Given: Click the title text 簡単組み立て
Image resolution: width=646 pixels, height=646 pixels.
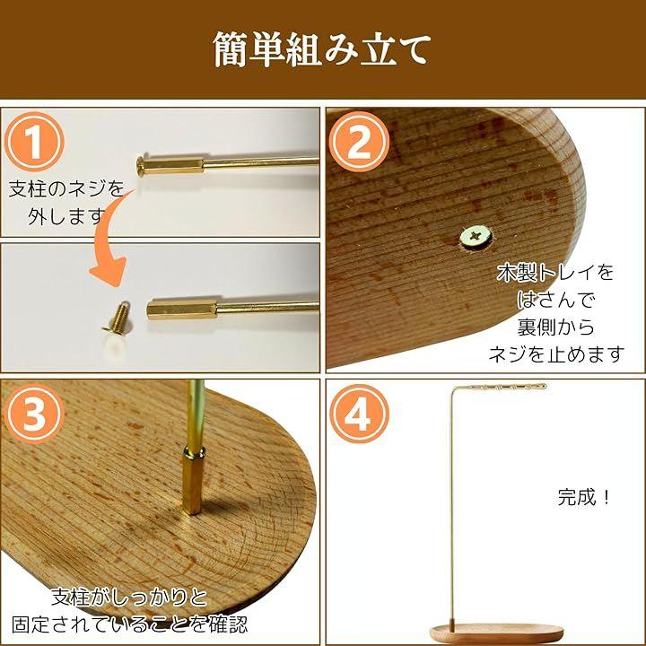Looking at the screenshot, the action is click(x=322, y=50).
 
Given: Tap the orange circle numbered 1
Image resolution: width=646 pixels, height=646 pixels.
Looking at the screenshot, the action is click(x=34, y=142).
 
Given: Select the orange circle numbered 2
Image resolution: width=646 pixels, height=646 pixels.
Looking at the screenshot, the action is click(x=359, y=142).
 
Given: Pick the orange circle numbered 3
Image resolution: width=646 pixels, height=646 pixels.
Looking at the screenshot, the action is click(x=34, y=414).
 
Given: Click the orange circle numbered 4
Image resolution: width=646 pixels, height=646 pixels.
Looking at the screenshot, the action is click(x=359, y=414).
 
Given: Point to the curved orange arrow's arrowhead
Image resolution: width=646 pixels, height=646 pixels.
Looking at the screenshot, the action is click(x=109, y=272).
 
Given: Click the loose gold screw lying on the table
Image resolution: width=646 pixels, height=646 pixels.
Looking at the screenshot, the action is click(x=118, y=317).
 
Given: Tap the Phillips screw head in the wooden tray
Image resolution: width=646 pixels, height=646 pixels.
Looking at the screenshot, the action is click(x=476, y=237).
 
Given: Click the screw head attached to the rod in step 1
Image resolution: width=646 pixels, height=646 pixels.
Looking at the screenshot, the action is click(x=141, y=165).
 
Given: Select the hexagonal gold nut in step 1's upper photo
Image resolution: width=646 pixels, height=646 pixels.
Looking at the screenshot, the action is click(x=174, y=166).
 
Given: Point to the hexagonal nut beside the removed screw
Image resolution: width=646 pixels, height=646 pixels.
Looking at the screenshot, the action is click(x=181, y=310).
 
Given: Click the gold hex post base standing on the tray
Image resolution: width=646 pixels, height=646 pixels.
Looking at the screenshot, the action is click(x=193, y=481).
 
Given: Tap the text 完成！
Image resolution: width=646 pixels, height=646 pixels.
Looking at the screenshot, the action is click(x=584, y=497).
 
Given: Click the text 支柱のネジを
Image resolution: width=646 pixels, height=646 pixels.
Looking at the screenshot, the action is click(x=66, y=189).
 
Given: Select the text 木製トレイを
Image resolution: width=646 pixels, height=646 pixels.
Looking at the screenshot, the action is click(x=555, y=273).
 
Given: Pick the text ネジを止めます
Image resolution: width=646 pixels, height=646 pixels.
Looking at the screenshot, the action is click(x=556, y=354).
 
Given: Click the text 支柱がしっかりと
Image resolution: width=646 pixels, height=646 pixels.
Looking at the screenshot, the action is click(x=129, y=597).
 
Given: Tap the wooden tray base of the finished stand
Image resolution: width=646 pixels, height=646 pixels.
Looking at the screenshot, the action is click(x=496, y=633).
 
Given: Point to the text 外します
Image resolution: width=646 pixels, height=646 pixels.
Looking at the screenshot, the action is click(x=66, y=217).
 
